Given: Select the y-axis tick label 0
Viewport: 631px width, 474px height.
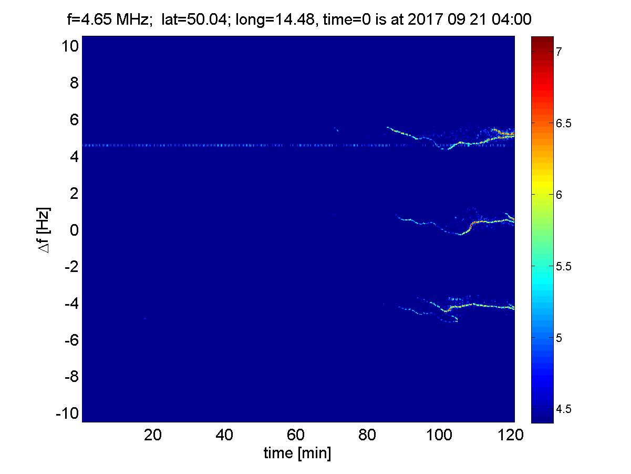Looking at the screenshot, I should (74, 230).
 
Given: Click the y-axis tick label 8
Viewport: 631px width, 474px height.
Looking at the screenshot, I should (74, 83).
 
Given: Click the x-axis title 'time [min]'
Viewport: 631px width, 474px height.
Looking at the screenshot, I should (297, 453).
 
